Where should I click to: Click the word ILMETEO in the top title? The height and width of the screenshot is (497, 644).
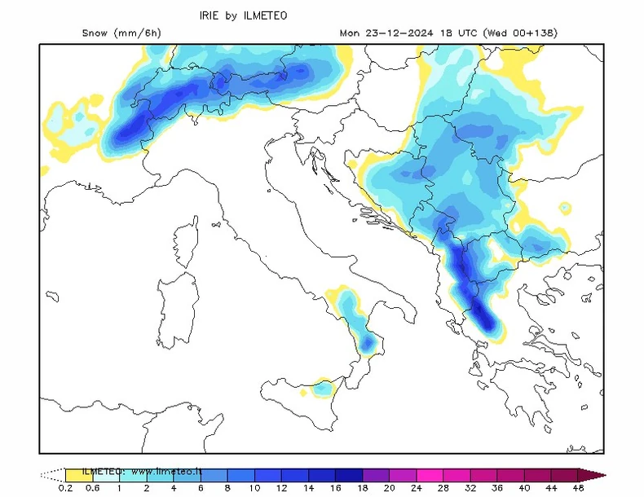[x=267, y=15]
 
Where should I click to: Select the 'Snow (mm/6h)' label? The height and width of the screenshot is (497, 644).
[x=121, y=33]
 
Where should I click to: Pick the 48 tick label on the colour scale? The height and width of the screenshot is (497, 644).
[x=578, y=488]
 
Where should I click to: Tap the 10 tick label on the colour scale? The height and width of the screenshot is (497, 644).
[x=254, y=488]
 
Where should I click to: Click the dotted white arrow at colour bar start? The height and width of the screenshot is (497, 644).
[x=52, y=474]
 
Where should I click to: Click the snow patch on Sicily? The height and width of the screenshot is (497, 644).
[x=323, y=389]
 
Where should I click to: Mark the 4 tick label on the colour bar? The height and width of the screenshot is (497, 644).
[x=174, y=488]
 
